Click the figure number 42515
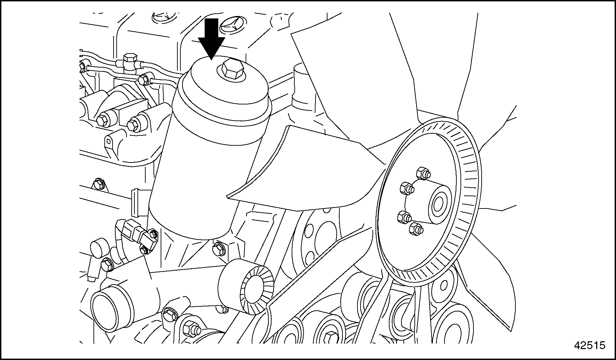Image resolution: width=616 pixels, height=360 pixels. (590, 345)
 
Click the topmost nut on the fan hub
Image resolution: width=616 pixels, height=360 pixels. (423, 173)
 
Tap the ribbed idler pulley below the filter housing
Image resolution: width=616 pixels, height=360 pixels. (246, 286)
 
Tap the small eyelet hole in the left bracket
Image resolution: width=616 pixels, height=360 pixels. (108, 141)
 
